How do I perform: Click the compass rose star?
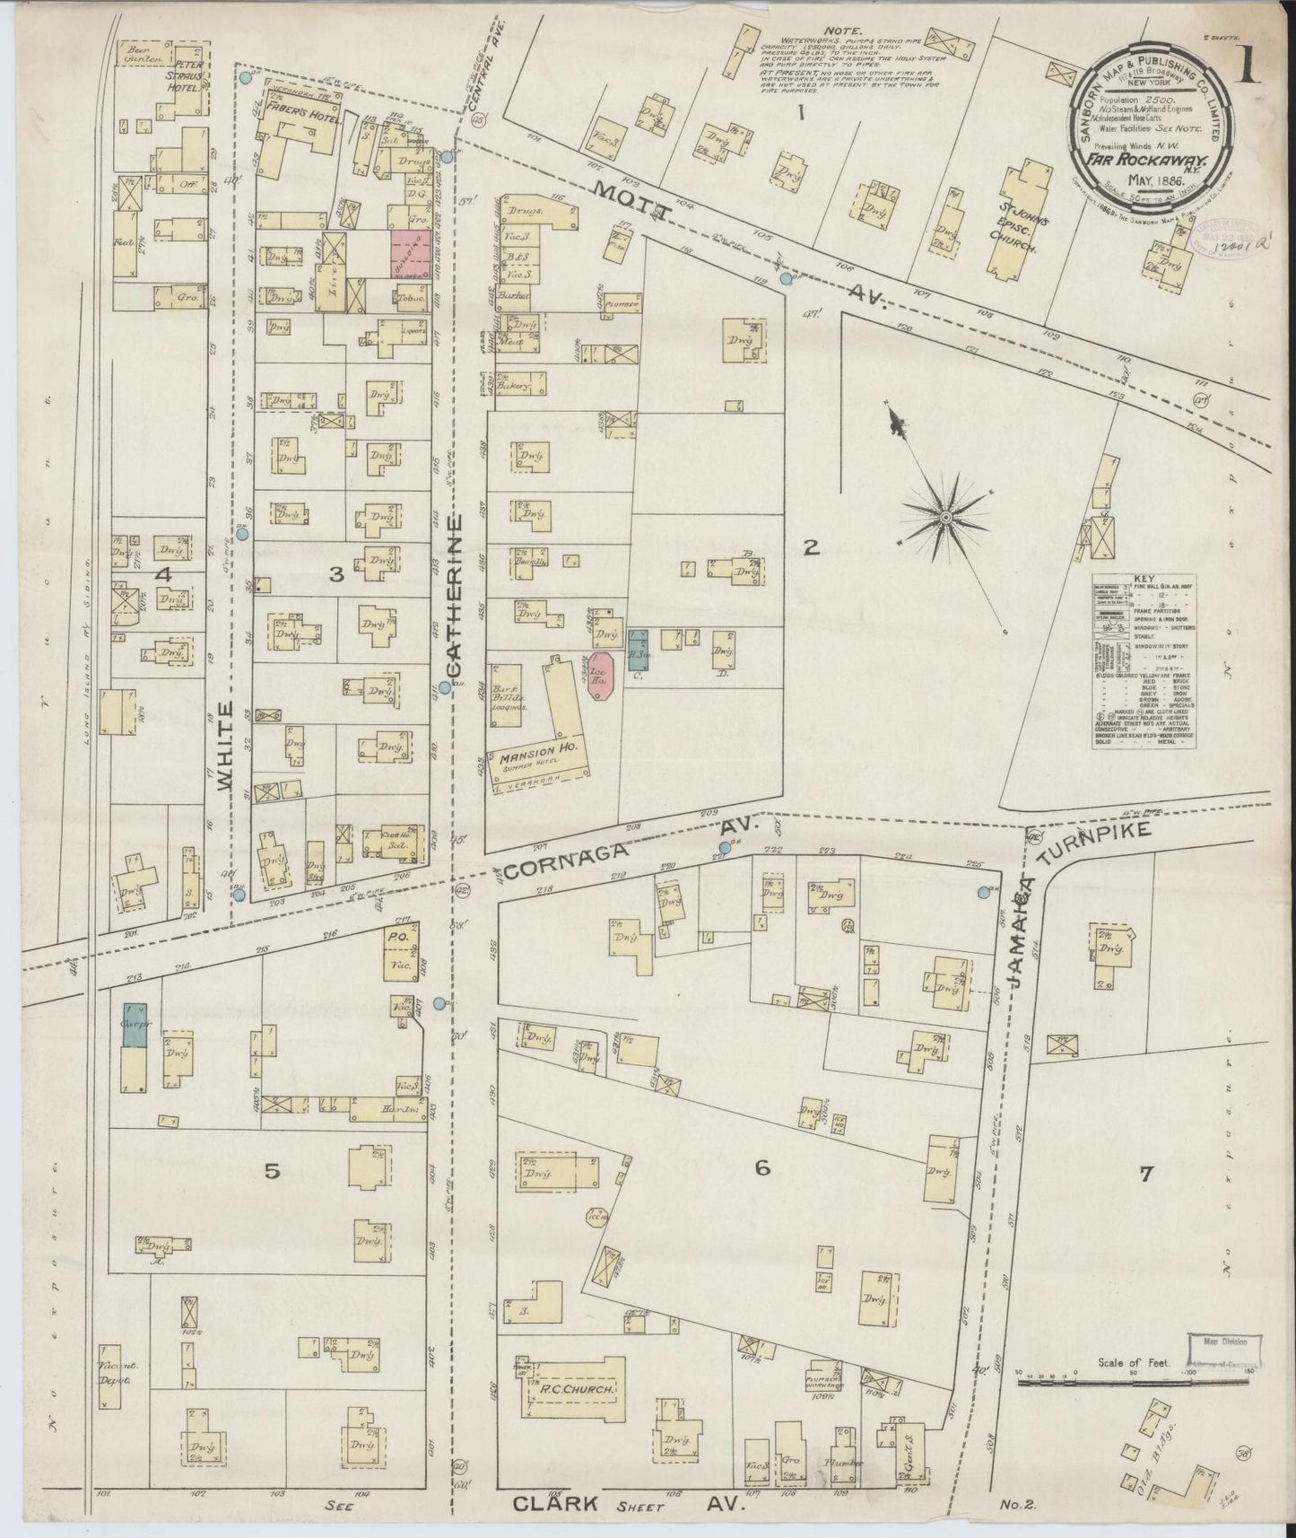coord(946,518)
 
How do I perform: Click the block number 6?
coord(762,1168)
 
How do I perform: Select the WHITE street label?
coord(225,747)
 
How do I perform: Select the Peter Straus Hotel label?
coord(191,75)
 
